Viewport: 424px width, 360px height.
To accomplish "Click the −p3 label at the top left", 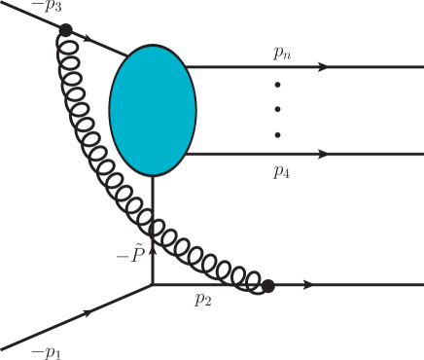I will (46, 8).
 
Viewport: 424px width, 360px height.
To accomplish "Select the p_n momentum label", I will (282, 54).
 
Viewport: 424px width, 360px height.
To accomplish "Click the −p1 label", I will (44, 350).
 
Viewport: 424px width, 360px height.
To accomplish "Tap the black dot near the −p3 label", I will (65, 30).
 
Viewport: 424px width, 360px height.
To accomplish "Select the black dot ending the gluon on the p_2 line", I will (268, 286).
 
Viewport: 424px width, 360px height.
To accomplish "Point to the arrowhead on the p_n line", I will (322, 67).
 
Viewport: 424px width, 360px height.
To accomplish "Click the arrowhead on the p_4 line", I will (322, 154).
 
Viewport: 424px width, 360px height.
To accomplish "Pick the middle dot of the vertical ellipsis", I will (277, 110).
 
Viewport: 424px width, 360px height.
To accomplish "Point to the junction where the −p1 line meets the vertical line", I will (153, 285).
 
